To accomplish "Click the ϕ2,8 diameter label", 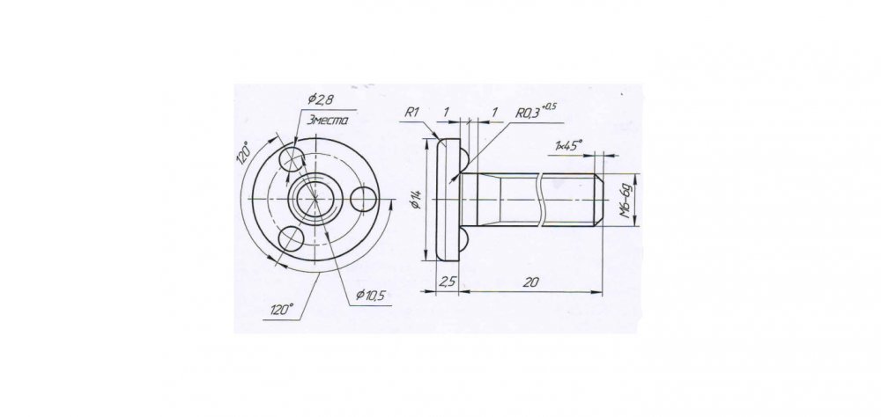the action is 322,100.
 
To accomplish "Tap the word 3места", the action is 328,121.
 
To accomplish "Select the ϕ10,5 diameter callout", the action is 370,296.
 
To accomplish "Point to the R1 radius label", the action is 412,113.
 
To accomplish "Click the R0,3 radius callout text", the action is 527,113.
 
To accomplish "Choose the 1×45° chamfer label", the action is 568,145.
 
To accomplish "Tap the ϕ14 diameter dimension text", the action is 417,199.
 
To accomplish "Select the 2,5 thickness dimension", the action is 448,282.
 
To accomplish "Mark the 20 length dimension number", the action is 530,282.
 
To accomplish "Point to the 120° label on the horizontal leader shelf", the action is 282,310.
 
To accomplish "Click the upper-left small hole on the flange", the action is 292,159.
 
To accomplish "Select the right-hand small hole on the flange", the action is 364,200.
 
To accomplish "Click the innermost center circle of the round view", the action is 315,199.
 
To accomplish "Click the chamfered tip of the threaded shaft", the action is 599,199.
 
